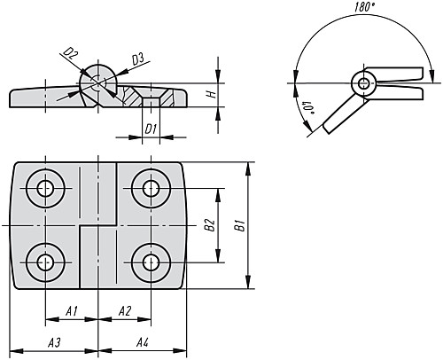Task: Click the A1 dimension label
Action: tap(72, 311)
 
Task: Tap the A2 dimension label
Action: tap(125, 311)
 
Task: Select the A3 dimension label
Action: tap(54, 342)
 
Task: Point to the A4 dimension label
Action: tap(143, 342)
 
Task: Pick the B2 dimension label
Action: tap(210, 225)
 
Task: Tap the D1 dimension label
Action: tap(151, 129)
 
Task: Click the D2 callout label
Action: tap(71, 55)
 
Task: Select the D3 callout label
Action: tap(138, 59)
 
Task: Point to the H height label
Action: tap(212, 95)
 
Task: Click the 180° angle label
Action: tap(364, 7)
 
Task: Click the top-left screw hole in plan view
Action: tap(45, 188)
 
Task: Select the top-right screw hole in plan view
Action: tap(151, 188)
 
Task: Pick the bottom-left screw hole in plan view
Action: tap(45, 262)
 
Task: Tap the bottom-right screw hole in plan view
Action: tap(151, 262)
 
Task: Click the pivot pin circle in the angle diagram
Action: tap(364, 83)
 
